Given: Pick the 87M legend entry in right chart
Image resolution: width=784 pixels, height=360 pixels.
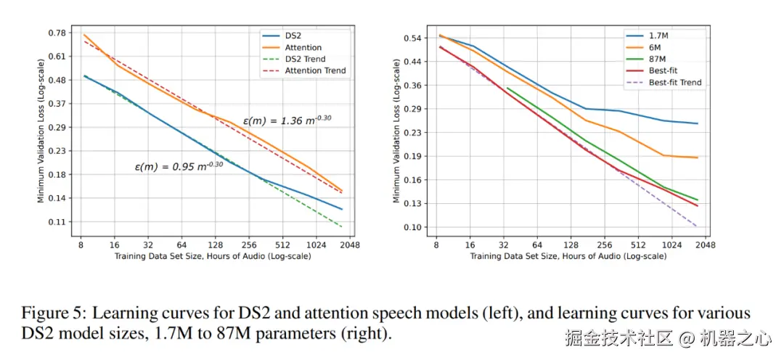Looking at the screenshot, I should pyautogui.click(x=658, y=59).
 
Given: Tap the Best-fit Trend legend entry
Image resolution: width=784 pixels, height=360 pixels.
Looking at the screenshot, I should pyautogui.click(x=674, y=83).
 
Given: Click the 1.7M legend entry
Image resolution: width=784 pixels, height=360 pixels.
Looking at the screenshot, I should pyautogui.click(x=659, y=36).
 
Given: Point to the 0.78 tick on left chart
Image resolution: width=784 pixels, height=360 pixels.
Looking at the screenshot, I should pyautogui.click(x=55, y=33).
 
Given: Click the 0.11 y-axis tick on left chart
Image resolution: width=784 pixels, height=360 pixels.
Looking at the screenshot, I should pyautogui.click(x=55, y=222).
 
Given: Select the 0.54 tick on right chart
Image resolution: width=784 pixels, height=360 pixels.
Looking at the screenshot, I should pyautogui.click(x=412, y=38).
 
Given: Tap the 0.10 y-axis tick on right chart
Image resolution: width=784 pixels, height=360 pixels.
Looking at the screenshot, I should pyautogui.click(x=412, y=227).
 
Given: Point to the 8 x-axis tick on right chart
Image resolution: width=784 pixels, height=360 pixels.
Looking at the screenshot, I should pyautogui.click(x=436, y=246).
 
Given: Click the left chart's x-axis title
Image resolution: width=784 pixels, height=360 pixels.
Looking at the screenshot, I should pyautogui.click(x=212, y=257).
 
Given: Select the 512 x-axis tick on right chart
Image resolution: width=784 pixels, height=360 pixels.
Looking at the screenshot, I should pyautogui.click(x=638, y=246).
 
